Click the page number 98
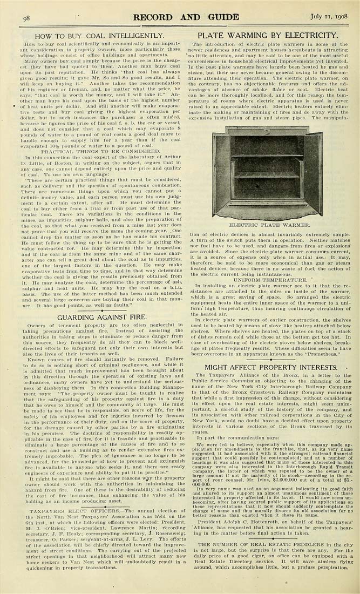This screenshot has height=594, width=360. point(26,18)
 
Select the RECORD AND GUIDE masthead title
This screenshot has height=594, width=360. point(186,17)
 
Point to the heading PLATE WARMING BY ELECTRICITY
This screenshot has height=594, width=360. point(268,36)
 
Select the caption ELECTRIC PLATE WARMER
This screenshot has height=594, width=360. point(268,224)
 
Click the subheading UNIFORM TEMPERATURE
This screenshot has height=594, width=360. point(269,280)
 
